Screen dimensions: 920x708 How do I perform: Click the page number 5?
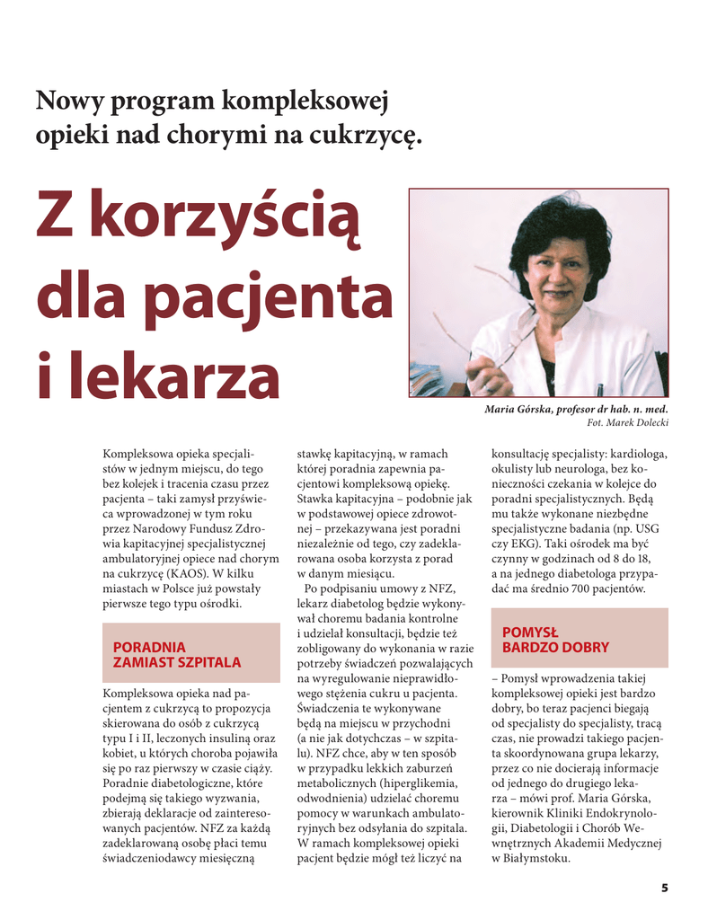point(665,889)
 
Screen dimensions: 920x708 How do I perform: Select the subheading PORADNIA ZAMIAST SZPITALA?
point(176,654)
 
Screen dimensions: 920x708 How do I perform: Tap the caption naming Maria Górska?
point(576,409)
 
